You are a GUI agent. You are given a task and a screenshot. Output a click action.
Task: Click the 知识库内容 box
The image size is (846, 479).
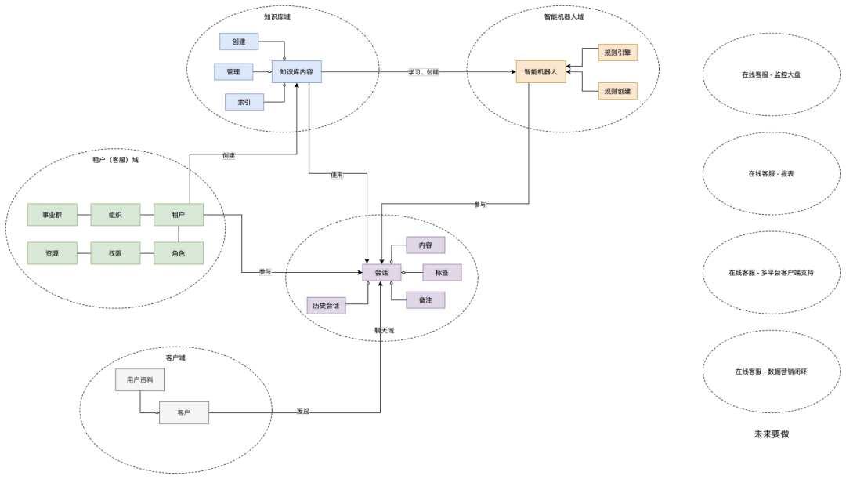click(297, 72)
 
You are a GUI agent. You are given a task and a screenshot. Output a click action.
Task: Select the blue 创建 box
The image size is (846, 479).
click(240, 42)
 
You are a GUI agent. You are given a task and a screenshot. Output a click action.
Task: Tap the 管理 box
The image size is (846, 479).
click(233, 71)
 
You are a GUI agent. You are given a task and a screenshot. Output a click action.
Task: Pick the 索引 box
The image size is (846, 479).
click(244, 102)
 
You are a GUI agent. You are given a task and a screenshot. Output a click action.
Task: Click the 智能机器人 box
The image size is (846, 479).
click(540, 72)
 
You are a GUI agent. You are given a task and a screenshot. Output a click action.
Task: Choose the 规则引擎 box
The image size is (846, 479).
click(616, 53)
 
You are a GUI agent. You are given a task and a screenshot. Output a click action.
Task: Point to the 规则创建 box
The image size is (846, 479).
click(616, 92)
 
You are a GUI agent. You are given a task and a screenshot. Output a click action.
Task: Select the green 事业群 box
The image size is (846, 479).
click(52, 215)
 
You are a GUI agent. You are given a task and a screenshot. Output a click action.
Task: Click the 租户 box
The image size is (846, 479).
click(179, 215)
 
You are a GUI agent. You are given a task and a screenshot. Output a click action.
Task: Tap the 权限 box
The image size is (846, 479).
click(116, 253)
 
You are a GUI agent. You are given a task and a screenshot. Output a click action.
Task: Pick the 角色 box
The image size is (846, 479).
click(179, 253)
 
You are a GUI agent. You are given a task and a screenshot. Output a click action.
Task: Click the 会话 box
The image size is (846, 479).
click(381, 273)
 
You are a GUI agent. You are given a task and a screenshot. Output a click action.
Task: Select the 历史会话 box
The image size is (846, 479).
click(326, 306)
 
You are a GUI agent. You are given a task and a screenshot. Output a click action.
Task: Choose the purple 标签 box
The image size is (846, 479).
click(442, 273)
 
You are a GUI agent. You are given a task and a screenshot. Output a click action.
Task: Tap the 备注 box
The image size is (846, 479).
click(426, 300)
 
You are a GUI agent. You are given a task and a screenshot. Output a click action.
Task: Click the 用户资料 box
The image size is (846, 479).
click(140, 380)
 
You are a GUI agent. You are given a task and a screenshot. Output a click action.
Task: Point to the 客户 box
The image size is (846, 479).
click(184, 412)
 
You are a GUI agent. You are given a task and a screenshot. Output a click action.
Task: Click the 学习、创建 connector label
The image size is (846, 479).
click(424, 72)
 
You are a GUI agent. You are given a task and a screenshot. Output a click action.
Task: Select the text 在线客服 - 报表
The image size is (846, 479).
click(771, 173)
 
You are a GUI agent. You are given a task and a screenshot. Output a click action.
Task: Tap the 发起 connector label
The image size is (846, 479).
click(303, 412)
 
